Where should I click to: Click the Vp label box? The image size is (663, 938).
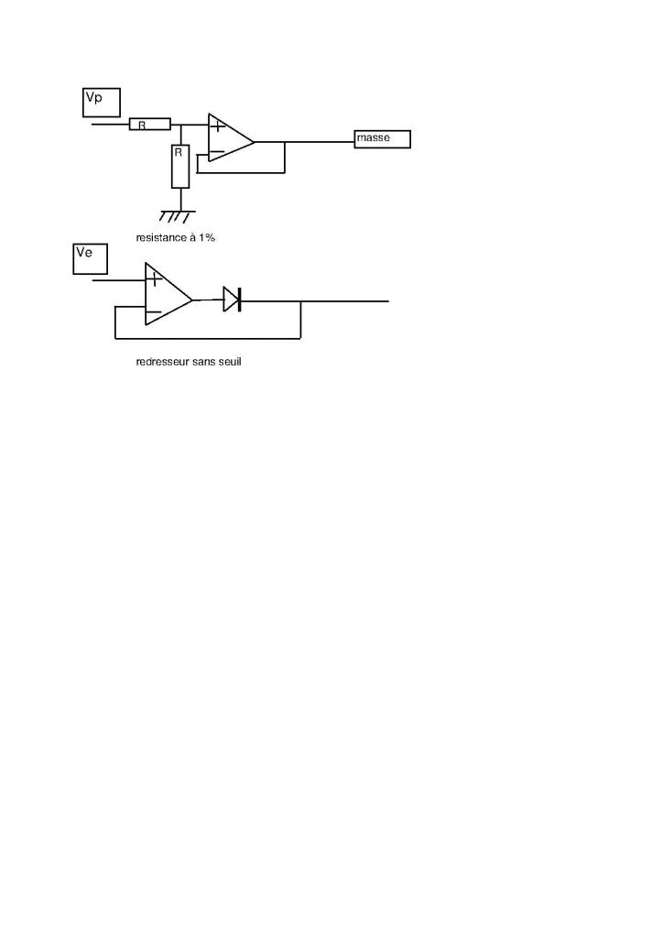tap(101, 102)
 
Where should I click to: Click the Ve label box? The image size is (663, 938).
tap(90, 258)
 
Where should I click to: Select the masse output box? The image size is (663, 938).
tap(382, 139)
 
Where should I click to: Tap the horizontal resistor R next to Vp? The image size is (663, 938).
tap(150, 125)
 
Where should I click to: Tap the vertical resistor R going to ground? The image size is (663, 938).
tap(180, 166)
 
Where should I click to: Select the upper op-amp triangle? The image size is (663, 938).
tap(229, 138)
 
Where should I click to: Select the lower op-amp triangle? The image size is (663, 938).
tap(166, 294)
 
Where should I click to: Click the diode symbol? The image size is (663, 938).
tap(232, 299)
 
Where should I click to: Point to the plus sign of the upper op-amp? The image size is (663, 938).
tap(218, 125)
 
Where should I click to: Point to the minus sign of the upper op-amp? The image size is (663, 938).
tap(217, 151)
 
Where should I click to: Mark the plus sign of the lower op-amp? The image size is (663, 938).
tap(156, 278)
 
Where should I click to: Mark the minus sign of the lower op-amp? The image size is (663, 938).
tap(154, 312)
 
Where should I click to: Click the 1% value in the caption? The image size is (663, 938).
tap(206, 237)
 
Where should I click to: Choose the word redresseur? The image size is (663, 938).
tap(163, 362)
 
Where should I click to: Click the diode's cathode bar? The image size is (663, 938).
tap(239, 299)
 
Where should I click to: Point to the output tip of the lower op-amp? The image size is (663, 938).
tap(192, 300)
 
